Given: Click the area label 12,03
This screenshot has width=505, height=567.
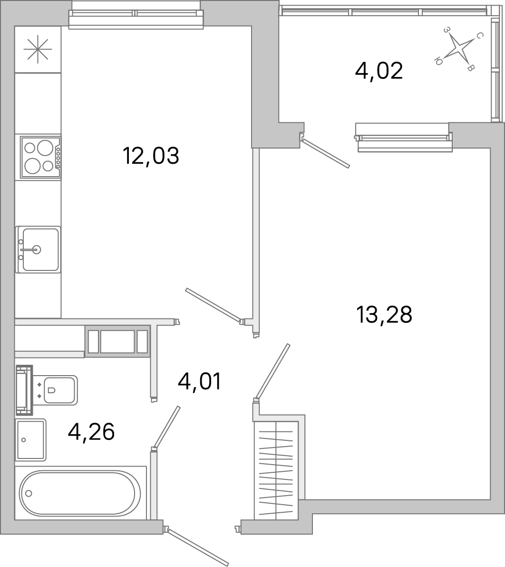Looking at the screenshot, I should coord(151,156).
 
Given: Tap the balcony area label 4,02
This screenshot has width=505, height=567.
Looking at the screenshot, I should coord(379,71).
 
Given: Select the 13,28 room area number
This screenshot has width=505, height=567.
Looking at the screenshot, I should coord(384,315).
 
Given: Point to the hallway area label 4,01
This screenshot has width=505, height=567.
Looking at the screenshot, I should coord(200,382).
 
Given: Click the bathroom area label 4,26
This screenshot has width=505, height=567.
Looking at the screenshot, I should coord(91,432).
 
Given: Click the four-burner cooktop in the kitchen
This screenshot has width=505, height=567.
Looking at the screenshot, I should coord(40,157).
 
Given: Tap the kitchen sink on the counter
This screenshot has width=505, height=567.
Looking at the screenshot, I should coord(39,249).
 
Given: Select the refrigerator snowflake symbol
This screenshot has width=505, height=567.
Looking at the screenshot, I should coord(38,50).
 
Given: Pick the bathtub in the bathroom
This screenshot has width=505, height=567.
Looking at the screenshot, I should coord(80,493).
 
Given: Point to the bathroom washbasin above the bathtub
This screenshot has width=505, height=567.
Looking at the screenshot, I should coord(31,440).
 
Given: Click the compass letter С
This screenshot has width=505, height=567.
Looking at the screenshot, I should coord(480,36).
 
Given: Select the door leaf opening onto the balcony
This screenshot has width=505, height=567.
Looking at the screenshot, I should coord(326,153).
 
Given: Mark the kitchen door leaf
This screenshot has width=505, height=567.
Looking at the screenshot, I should coord(213,305).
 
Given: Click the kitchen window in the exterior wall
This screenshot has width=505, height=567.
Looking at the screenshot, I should coord(136,16).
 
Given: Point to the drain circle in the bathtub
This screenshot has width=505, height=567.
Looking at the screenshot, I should coord(29,493).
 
